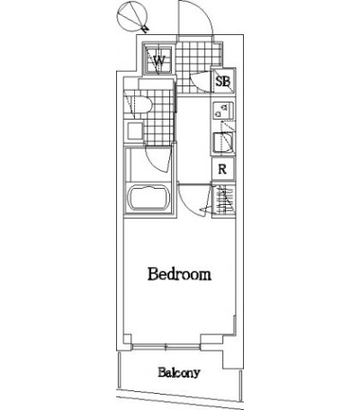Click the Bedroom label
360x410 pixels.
179,274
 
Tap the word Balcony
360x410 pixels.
179,372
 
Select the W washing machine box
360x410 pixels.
158,59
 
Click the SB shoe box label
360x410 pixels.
223,81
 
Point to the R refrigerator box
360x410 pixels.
222,169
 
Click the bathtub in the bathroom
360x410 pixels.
148,198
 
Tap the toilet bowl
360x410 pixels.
141,104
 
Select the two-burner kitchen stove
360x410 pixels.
223,111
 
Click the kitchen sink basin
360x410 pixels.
223,143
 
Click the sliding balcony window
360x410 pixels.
166,347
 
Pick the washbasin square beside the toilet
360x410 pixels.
134,131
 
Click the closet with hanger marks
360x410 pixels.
223,200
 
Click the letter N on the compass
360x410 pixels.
145,29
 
